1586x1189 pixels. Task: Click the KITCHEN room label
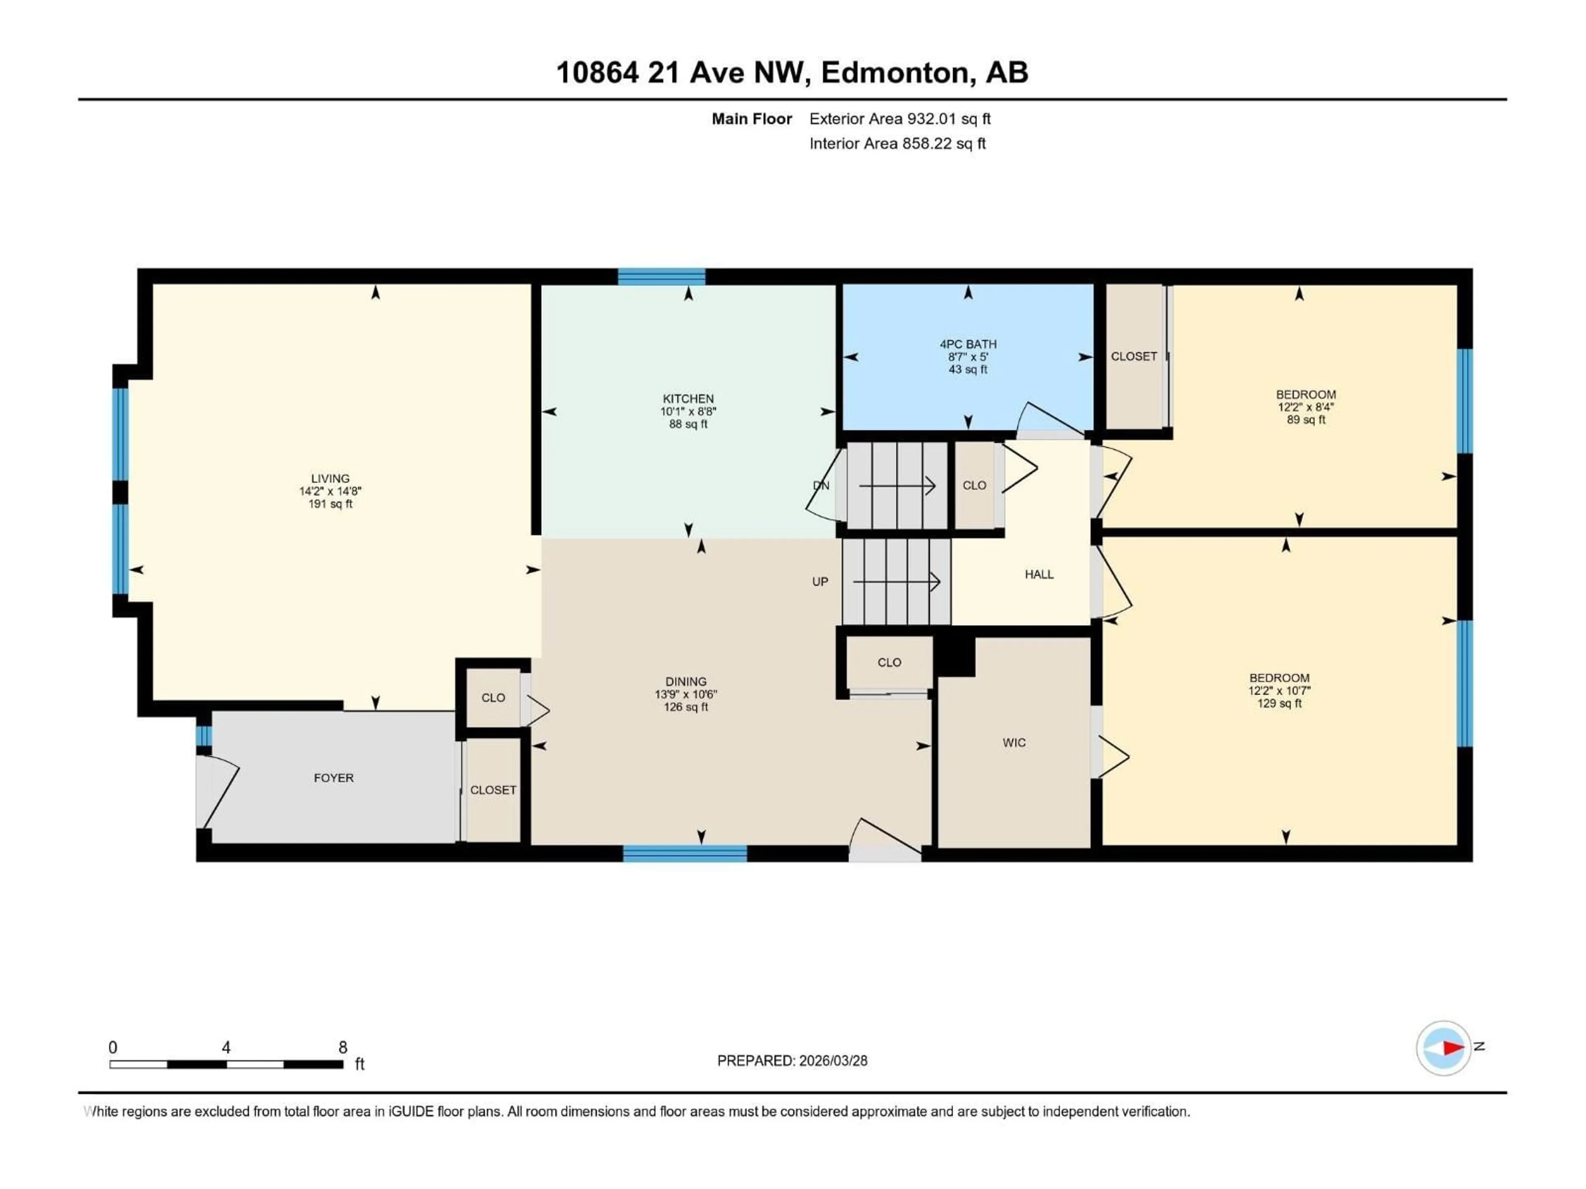pos(688,398)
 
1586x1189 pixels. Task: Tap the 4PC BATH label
pos(968,344)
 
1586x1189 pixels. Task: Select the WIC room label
pos(1014,742)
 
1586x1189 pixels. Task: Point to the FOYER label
pos(333,778)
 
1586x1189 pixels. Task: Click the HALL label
pos(1039,574)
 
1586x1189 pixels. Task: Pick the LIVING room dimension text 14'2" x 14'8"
pos(330,491)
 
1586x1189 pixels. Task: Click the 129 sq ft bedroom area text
pos(1279,703)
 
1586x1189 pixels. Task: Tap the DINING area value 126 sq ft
pos(686,707)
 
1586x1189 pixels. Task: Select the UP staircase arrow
pos(896,582)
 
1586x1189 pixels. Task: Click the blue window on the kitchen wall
pos(661,277)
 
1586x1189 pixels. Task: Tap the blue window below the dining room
pos(685,853)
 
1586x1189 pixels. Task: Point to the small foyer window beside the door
pos(204,736)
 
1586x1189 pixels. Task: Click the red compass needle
pos(1453,1048)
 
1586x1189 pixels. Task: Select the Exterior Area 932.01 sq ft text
pos(900,119)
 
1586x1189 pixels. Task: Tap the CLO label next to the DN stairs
pos(974,485)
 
